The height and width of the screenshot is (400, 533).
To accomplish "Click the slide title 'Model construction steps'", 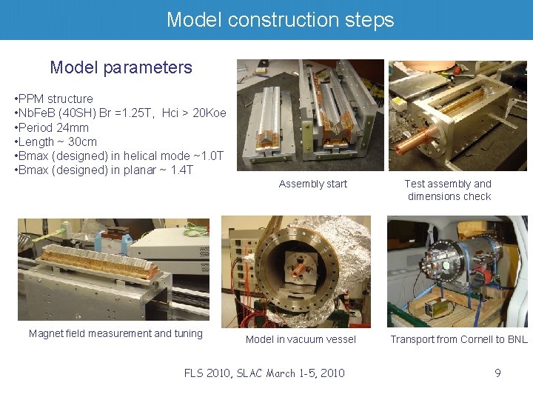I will click(280, 19).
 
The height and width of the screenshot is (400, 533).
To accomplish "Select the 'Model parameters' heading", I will click(121, 67).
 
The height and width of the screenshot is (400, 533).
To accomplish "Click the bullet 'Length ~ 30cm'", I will click(56, 141).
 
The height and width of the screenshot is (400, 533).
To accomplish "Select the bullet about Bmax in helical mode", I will click(118, 156).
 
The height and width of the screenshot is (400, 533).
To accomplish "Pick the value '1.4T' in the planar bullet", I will click(181, 170).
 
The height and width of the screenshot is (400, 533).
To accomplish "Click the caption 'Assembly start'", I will click(312, 184).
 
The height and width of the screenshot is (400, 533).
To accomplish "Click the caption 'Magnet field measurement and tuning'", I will click(115, 333).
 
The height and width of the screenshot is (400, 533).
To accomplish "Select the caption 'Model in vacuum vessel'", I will click(301, 339).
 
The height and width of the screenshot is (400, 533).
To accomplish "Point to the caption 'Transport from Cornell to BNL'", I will click(459, 339).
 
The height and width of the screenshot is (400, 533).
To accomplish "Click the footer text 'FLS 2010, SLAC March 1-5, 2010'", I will click(264, 373).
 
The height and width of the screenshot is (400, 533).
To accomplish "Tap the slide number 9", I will click(497, 373).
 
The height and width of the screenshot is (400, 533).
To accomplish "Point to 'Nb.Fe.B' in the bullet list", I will click(39, 113).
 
